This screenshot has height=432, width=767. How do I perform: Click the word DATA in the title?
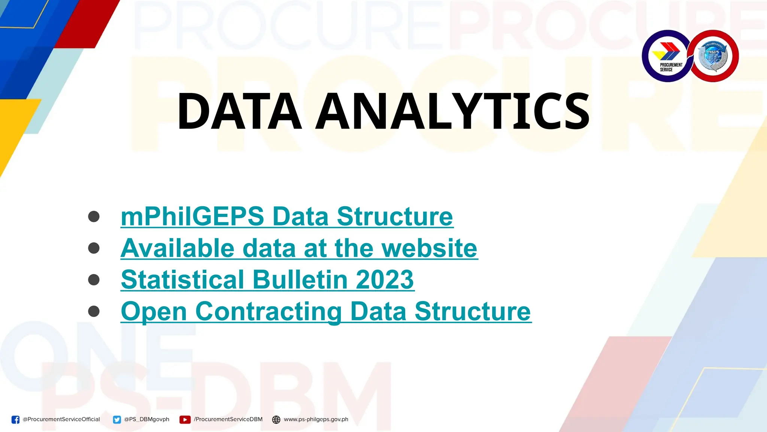click(x=240, y=111)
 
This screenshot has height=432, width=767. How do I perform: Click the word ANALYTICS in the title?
click(x=452, y=111)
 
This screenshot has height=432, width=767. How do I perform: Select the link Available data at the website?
click(x=299, y=248)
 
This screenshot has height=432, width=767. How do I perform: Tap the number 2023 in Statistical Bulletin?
click(x=385, y=280)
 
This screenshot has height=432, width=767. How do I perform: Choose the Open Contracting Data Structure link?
click(x=326, y=311)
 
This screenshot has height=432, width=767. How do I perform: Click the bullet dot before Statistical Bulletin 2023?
click(x=94, y=280)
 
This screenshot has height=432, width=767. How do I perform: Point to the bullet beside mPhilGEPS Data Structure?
click(x=94, y=216)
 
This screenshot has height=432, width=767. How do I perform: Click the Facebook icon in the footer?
click(x=15, y=420)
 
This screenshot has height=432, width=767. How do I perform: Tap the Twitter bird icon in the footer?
click(x=117, y=420)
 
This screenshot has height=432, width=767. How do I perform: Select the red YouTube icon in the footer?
click(x=185, y=420)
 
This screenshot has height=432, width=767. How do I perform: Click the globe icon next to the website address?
click(x=276, y=420)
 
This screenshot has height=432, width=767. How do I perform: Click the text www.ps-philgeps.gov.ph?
click(x=316, y=419)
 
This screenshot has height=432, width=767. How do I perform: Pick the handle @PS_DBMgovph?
click(x=146, y=419)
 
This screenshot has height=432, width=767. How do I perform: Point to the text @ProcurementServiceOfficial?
click(x=61, y=419)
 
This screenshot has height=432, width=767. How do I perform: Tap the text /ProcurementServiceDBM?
click(x=228, y=419)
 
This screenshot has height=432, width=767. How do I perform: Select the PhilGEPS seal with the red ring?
click(x=713, y=56)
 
